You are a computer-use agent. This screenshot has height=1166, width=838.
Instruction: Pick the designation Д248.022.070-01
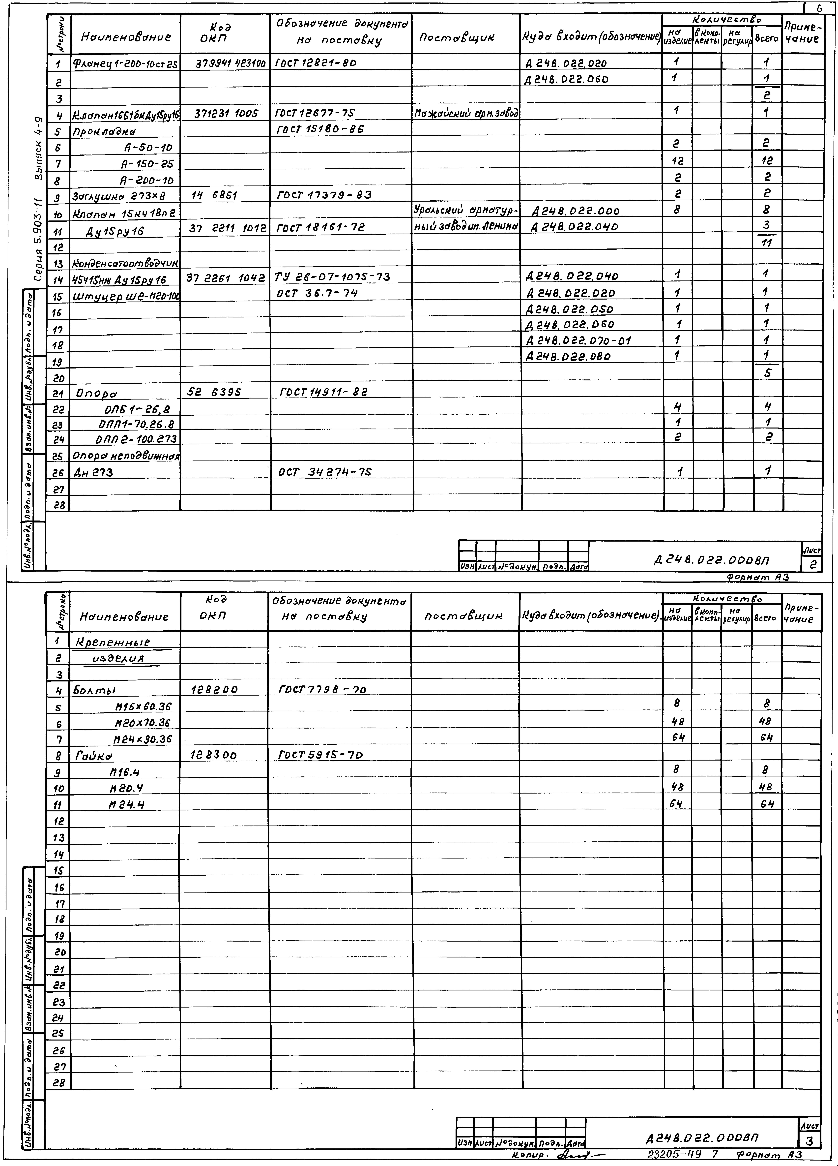tap(578, 340)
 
